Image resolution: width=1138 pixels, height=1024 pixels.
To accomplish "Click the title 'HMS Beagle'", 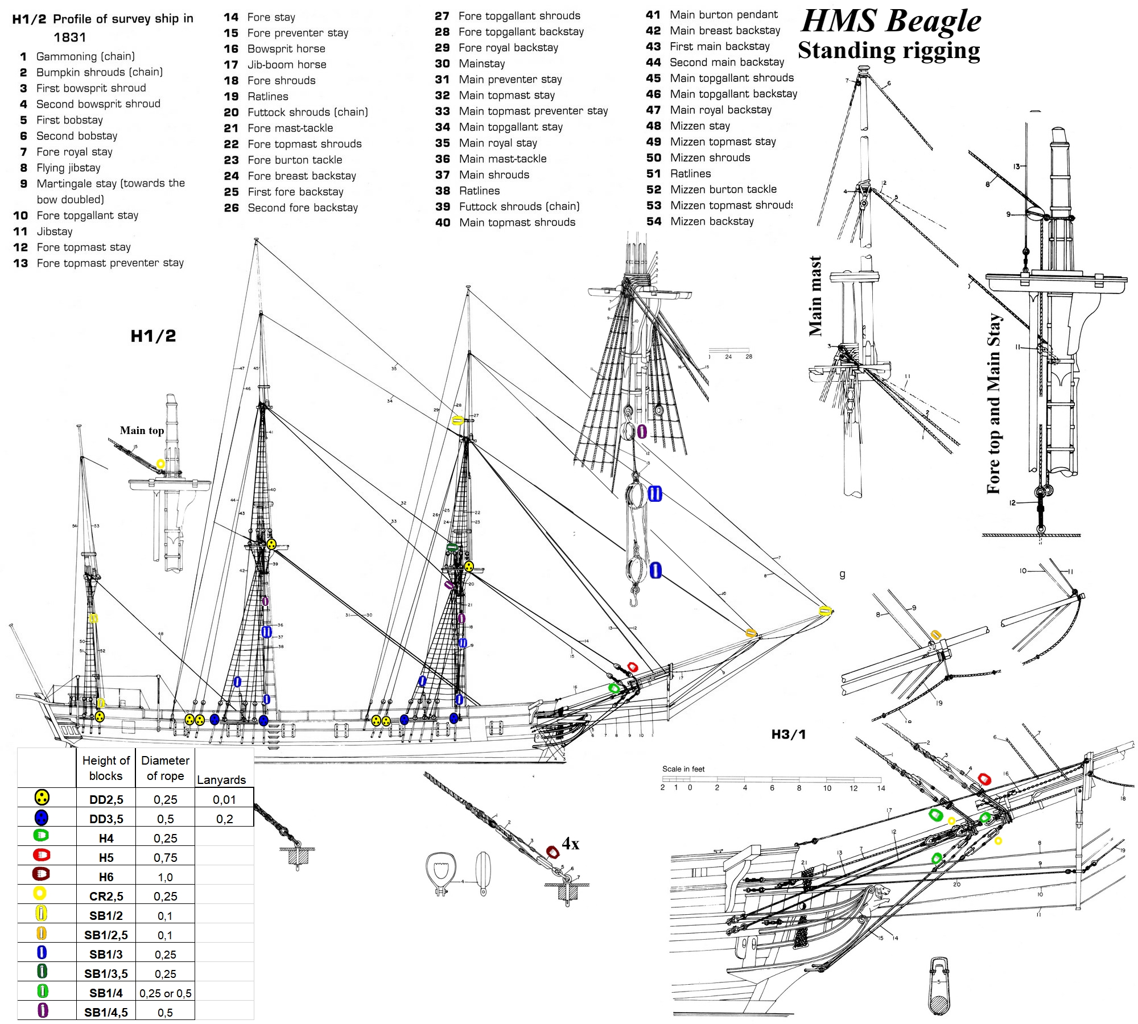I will coord(891,22).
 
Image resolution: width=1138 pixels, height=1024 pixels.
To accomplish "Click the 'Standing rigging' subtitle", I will coord(889,51).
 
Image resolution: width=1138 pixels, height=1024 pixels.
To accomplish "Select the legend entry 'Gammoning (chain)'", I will coord(85,56).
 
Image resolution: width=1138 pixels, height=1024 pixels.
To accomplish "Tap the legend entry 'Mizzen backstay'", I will coord(712,221).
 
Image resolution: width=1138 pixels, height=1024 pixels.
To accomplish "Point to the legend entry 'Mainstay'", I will coord(482,64).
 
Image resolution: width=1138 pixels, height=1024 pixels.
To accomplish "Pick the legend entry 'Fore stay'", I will coord(271,17).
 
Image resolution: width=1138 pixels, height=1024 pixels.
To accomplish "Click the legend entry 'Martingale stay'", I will coord(110,184).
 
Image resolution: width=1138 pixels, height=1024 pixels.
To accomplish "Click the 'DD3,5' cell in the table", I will coord(106,819).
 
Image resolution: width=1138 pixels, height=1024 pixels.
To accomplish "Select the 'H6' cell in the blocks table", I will coord(106,877).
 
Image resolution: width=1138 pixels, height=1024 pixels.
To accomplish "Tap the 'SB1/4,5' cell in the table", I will coord(106,1012).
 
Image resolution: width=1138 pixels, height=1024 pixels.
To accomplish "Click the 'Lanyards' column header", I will coord(221,779).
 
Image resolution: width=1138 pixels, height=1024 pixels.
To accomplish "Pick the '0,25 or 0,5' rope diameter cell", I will coord(165,993).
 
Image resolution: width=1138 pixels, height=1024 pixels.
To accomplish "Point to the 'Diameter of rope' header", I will coord(165,768).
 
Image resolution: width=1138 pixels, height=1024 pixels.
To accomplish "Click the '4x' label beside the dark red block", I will coord(571,843).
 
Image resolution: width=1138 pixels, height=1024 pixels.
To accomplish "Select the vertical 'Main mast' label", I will coord(815,296).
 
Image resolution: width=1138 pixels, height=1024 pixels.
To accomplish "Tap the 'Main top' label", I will coord(142,431).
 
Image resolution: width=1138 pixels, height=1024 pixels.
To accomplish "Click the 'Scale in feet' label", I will coord(683,769).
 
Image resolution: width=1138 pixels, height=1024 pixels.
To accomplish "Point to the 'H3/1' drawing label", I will coord(788,734).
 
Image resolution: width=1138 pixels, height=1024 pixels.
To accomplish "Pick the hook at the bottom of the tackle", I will coord(632,600).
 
